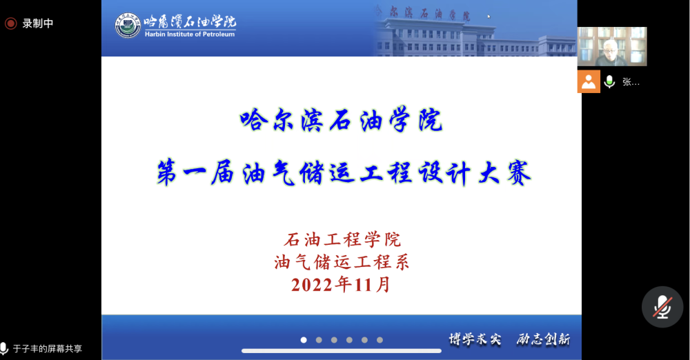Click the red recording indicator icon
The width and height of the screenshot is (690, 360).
[x=10, y=23]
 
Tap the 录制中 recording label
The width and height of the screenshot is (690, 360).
[x=38, y=23]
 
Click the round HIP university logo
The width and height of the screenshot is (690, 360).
[x=128, y=25]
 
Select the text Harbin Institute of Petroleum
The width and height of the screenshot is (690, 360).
[x=190, y=34]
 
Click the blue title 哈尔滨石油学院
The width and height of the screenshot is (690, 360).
[x=342, y=120]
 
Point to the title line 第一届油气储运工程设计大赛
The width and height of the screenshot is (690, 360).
[x=344, y=172]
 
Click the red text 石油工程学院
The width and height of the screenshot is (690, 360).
[x=342, y=240]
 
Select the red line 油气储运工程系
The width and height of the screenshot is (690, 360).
[x=342, y=262]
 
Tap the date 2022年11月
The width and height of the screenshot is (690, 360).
[x=341, y=285]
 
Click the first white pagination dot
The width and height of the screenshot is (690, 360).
[x=304, y=340]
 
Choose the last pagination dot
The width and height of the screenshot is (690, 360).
[x=379, y=340]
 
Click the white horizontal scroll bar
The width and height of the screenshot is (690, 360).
[x=342, y=351]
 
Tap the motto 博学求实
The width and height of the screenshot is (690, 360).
[x=475, y=339]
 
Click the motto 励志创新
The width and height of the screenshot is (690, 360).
[x=544, y=339]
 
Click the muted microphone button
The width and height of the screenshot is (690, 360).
[x=662, y=307]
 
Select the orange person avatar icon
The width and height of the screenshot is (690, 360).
[x=589, y=81]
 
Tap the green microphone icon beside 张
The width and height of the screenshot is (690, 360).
[x=609, y=82]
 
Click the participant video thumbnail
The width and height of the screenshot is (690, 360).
[x=612, y=47]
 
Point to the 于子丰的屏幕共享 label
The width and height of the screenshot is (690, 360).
[x=48, y=348]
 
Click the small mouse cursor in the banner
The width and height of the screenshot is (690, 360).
[x=489, y=17]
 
